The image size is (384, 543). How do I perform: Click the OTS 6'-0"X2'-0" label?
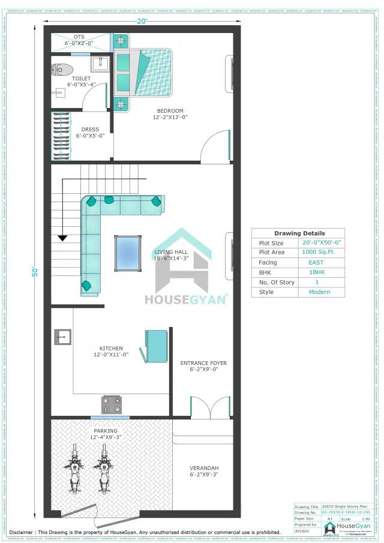[x=79, y=40]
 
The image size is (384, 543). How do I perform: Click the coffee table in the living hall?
[x=128, y=253]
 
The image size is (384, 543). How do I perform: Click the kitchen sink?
[x=62, y=337]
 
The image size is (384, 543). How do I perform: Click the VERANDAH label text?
[x=203, y=468]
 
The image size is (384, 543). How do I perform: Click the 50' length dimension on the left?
[x=35, y=271]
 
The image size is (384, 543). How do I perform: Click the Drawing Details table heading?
[x=299, y=233]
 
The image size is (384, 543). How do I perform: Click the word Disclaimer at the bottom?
[x=25, y=532]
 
